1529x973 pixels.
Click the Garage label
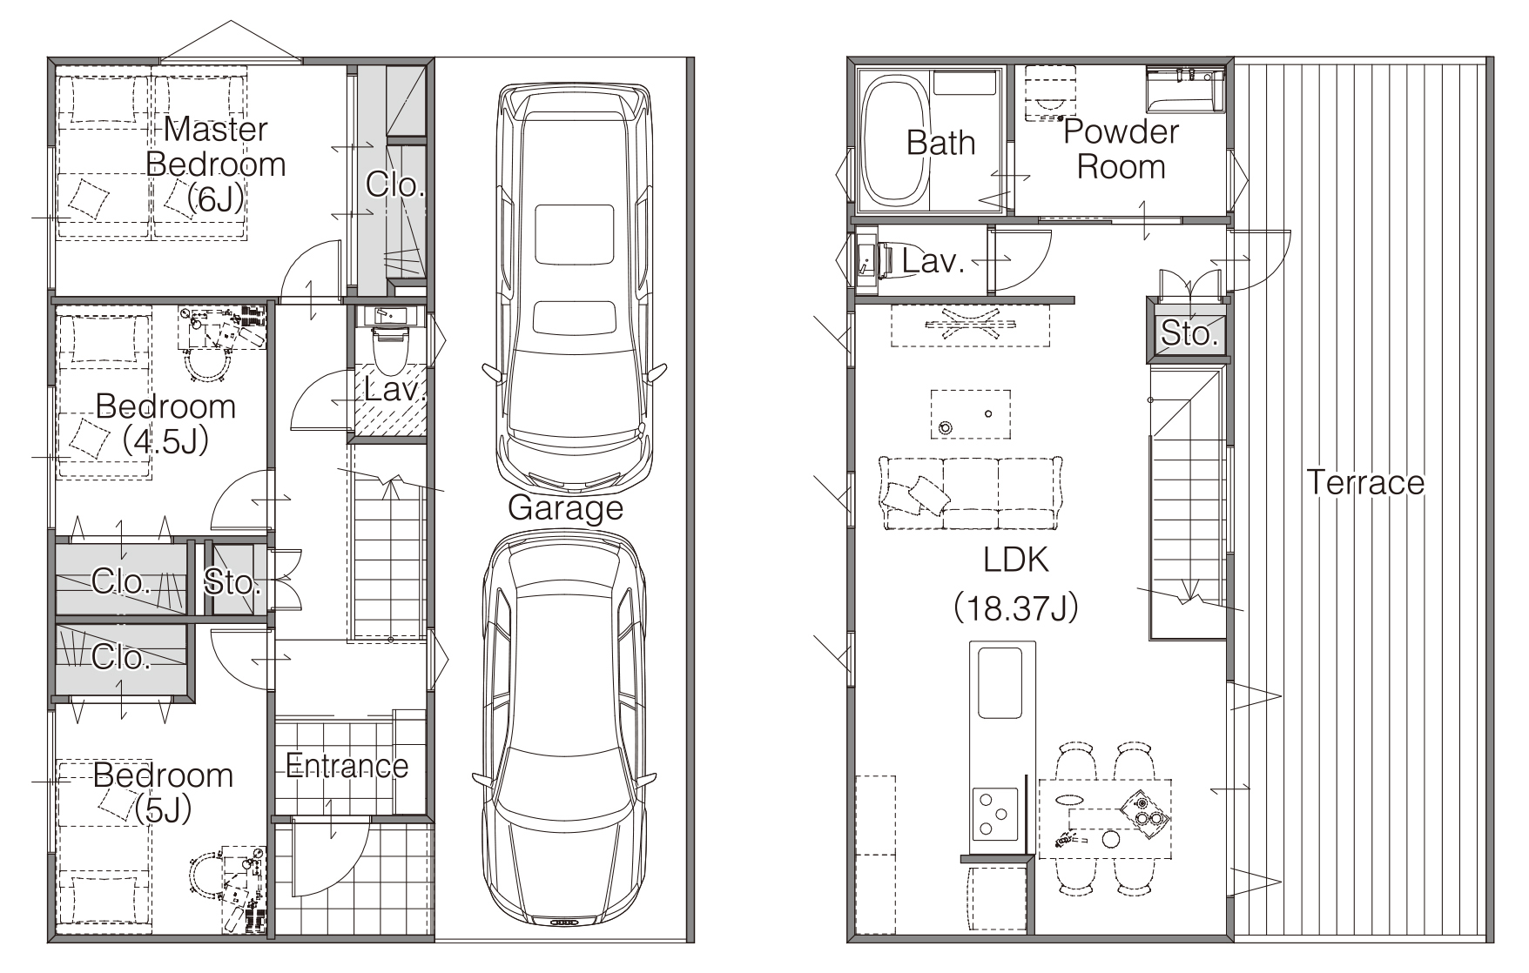(x=565, y=507)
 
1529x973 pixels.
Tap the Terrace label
(x=1365, y=481)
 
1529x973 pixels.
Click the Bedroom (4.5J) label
(x=165, y=423)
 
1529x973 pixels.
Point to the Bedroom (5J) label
(x=163, y=792)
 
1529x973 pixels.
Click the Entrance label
(x=347, y=766)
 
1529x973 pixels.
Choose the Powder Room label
(x=1121, y=149)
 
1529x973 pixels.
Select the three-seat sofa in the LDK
(x=971, y=493)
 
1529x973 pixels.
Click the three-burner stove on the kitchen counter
(x=994, y=814)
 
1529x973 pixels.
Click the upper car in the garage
(x=575, y=288)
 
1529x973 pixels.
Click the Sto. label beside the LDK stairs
(x=1189, y=332)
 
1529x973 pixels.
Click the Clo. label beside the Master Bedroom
(x=394, y=184)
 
